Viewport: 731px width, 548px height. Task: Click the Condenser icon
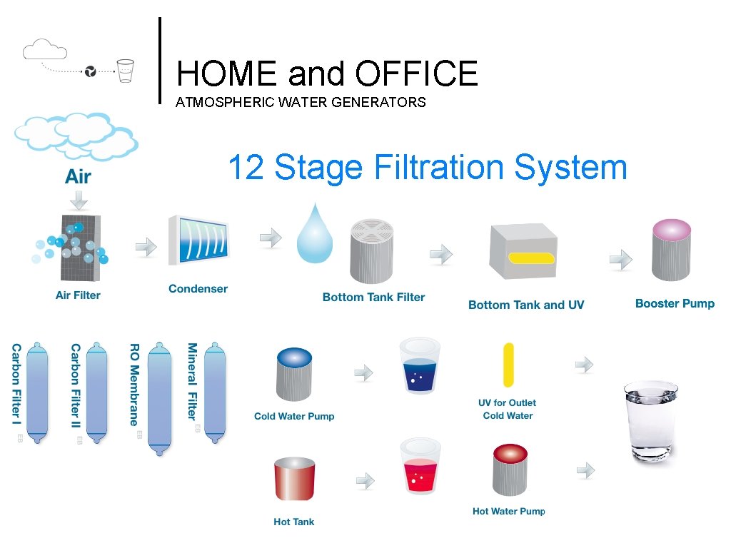pos(198,240)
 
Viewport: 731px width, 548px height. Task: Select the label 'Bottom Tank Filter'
pos(373,297)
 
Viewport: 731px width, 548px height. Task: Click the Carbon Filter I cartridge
pos(37,390)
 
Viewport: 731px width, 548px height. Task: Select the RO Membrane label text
pos(133,384)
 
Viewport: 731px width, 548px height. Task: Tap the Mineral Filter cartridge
pos(215,392)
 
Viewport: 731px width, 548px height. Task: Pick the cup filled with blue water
pos(420,367)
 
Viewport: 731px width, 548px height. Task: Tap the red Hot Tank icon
pos(294,479)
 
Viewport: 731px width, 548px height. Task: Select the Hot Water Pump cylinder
pos(510,472)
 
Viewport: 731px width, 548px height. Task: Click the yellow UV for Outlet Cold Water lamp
pos(508,365)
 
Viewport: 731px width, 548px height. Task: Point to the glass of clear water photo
pos(650,422)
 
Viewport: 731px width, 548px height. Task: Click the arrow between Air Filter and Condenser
pos(146,247)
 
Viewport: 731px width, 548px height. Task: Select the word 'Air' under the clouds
pos(78,177)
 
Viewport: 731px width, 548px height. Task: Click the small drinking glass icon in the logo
pos(126,70)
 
